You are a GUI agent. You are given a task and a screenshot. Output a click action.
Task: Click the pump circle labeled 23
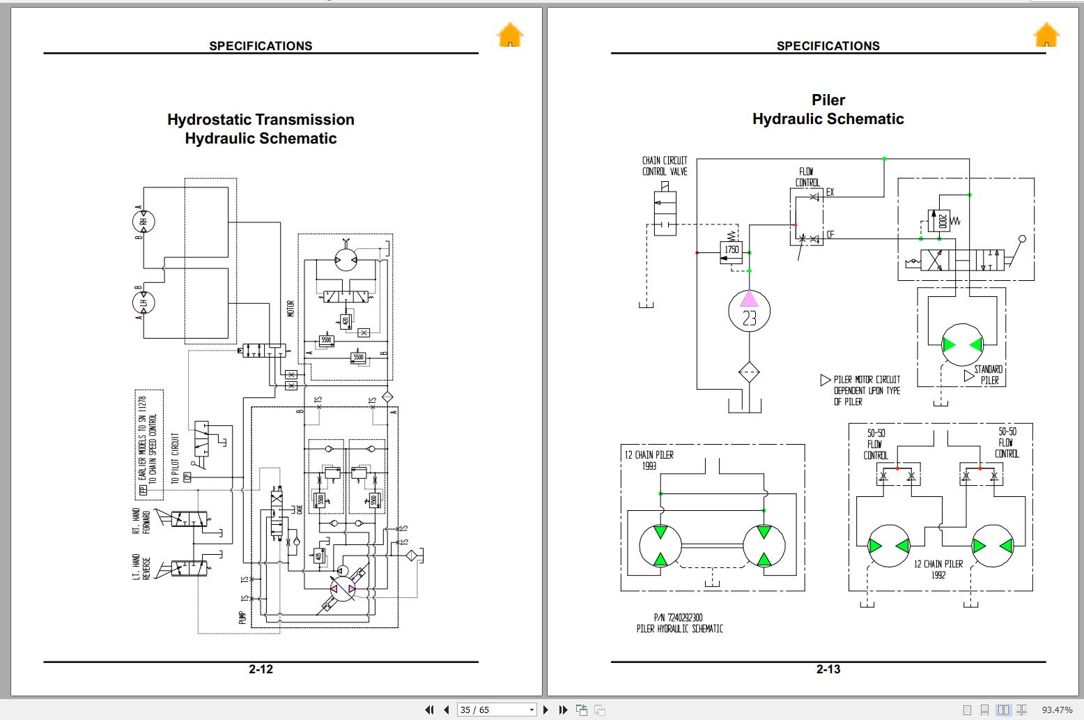click(749, 312)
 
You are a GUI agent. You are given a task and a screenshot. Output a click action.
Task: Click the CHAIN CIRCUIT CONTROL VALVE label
click(665, 166)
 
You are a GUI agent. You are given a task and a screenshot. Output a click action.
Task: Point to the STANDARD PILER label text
click(989, 375)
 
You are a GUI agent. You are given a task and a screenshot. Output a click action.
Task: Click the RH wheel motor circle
click(144, 222)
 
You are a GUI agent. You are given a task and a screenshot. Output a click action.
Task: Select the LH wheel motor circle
click(144, 302)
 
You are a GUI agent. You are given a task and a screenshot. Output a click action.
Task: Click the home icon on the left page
click(510, 35)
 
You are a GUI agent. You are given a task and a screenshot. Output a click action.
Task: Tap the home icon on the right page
click(1046, 35)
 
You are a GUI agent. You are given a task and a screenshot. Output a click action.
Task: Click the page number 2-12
click(261, 669)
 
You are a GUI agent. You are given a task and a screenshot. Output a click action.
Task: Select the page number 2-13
click(828, 669)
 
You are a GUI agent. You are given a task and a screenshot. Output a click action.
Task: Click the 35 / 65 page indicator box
click(496, 710)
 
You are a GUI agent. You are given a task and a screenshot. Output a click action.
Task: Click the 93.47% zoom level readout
click(1057, 710)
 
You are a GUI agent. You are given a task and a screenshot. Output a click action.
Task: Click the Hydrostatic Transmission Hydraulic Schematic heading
click(261, 129)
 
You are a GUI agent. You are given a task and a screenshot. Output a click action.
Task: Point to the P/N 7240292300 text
click(678, 618)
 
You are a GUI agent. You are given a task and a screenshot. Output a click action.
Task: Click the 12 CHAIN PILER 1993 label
click(649, 460)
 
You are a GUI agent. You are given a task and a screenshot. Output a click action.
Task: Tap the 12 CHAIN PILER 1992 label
click(938, 569)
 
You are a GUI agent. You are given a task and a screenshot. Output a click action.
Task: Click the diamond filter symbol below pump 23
click(749, 372)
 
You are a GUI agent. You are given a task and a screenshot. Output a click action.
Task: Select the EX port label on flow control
click(830, 192)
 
